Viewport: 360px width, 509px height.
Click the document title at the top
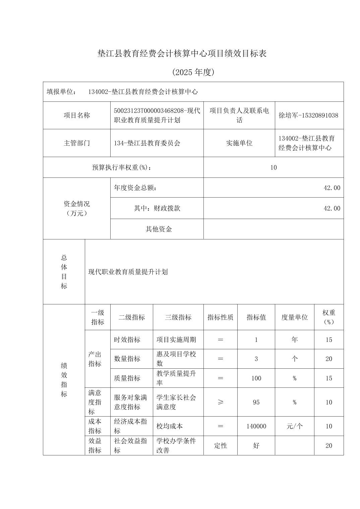pos(182,54)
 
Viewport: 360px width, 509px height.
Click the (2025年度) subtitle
pos(193,72)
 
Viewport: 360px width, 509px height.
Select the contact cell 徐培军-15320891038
pos(308,116)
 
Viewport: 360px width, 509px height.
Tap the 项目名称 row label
pos(77,116)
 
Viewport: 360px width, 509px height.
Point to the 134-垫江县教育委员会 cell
pos(147,143)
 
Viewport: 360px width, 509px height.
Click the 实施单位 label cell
pos(239,143)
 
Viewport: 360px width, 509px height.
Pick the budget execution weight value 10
pos(274,167)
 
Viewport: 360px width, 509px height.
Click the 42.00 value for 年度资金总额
pos(332,188)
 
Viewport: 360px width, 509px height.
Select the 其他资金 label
pos(159,229)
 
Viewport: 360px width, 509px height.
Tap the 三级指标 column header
pos(178,317)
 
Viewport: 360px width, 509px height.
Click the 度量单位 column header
pos(294,317)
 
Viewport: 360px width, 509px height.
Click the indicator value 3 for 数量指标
pos(256,359)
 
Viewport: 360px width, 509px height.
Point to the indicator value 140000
pos(256,426)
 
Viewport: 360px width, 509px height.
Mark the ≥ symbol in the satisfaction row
pos(220,402)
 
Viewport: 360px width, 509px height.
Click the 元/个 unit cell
pos(294,426)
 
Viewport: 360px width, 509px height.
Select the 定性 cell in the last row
pos(220,446)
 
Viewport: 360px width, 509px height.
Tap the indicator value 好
pos(256,446)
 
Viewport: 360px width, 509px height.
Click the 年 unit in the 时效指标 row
pos(294,340)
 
